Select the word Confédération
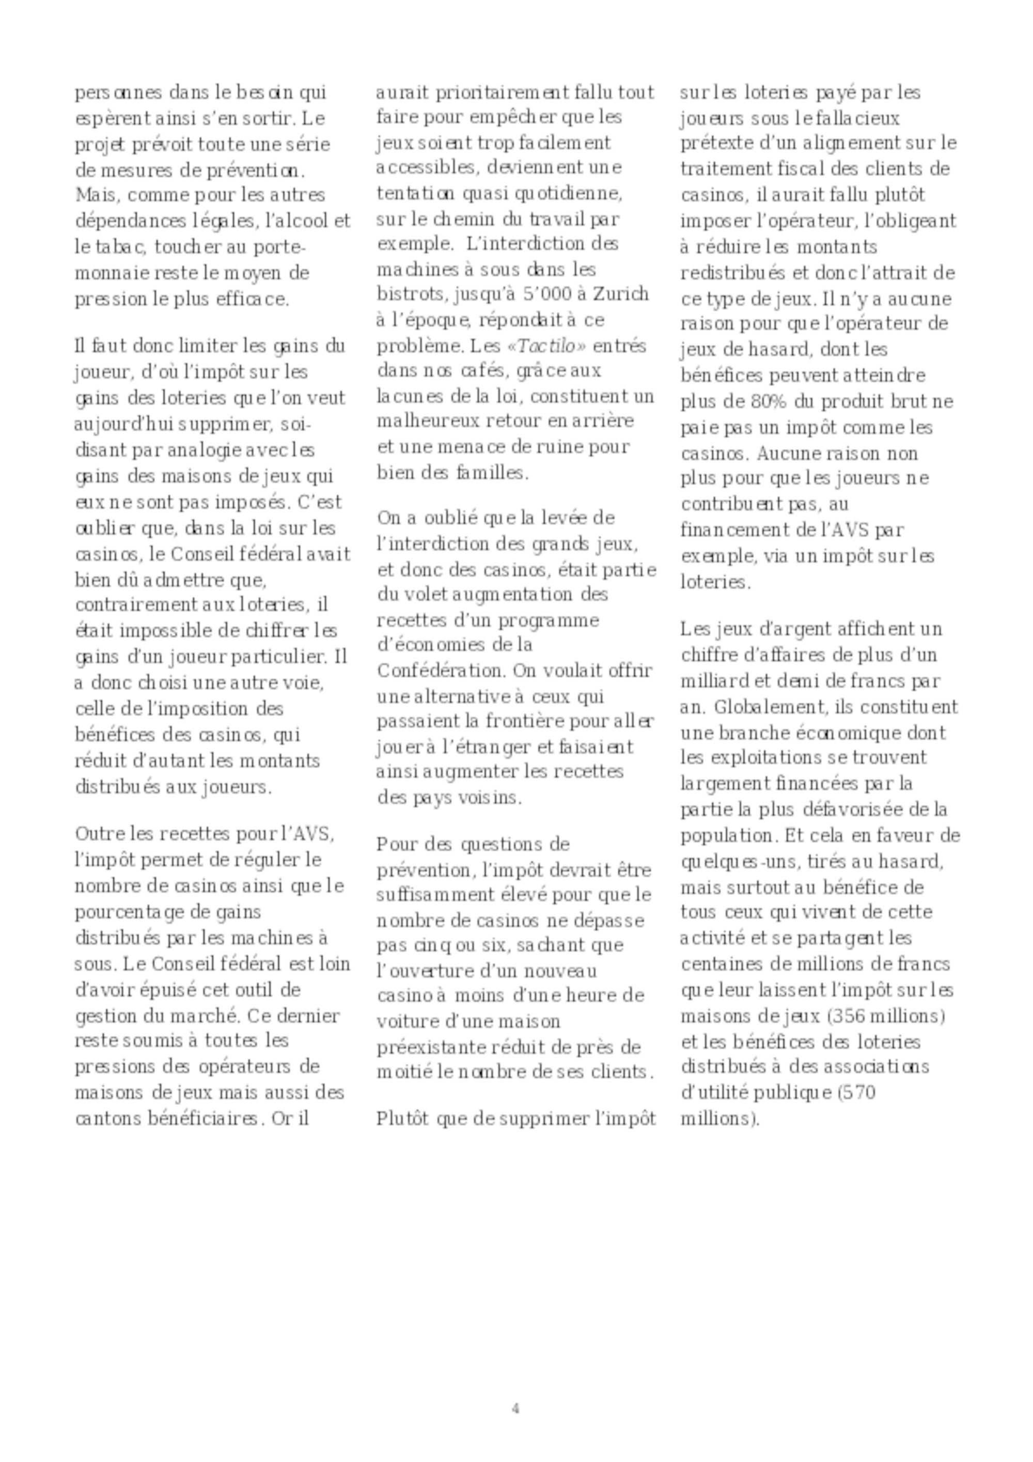[x=442, y=671]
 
